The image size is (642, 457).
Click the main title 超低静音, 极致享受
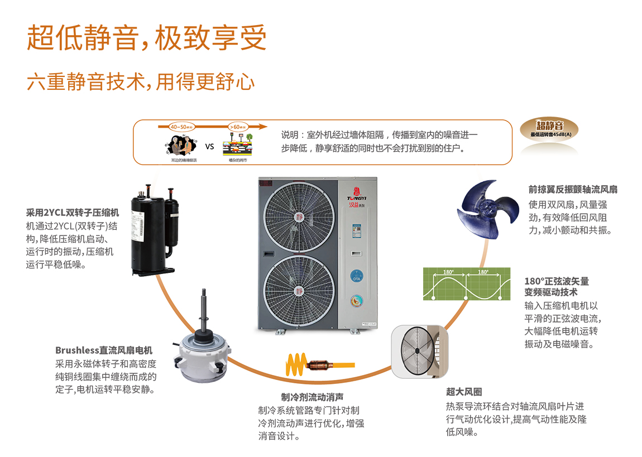(146, 37)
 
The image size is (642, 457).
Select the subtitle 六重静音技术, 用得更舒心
(141, 81)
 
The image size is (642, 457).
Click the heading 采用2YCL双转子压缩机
(73, 213)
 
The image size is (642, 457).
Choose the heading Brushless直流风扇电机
(104, 350)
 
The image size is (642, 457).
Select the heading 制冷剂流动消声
(312, 397)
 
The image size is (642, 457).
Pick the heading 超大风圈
(464, 392)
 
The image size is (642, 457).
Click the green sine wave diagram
(466, 285)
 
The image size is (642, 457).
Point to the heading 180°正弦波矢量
(557, 281)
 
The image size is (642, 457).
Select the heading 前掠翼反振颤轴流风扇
(573, 190)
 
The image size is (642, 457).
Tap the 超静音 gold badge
(550, 129)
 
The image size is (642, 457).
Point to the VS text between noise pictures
(210, 147)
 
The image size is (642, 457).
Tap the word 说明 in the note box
(290, 135)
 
